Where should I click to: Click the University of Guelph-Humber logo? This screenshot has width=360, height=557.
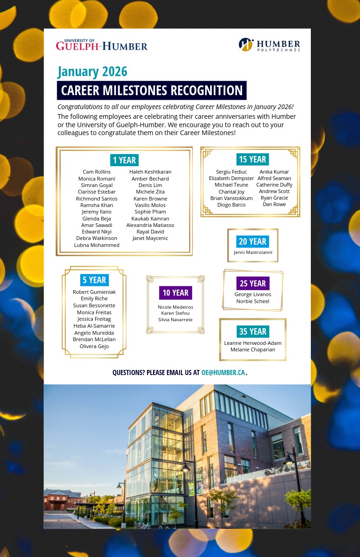102,45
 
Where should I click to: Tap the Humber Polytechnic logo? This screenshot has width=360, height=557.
269,45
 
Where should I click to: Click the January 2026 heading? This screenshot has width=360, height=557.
92,72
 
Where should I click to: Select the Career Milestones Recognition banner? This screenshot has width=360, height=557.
152,90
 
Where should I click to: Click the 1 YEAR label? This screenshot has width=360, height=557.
124,160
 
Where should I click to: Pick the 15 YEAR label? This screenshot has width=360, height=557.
252,159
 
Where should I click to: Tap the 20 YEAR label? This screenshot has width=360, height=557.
252,241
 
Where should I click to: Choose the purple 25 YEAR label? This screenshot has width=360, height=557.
253,283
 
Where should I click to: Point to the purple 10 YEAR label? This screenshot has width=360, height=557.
175,292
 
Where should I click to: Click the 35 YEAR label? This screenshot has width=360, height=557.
253,331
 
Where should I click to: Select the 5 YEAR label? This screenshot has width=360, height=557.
94,280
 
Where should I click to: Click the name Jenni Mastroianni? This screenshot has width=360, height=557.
253,253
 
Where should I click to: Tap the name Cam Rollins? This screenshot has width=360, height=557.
96,172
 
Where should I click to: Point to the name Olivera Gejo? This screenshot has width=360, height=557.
94,346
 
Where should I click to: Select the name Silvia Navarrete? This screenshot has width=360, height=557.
175,320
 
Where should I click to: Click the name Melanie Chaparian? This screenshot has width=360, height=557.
253,350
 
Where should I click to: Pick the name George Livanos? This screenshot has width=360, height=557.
253,294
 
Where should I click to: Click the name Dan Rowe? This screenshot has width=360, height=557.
274,204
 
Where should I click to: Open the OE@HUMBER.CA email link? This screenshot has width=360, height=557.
223,373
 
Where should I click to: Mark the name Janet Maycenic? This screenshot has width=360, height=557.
150,238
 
